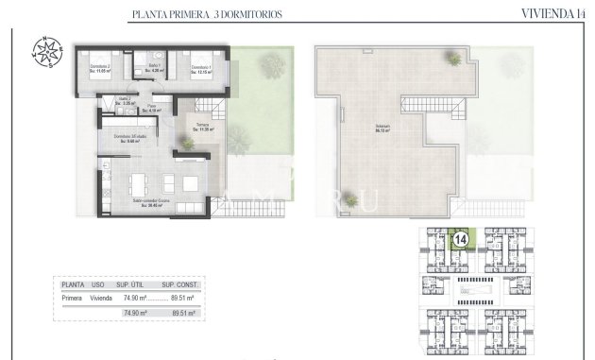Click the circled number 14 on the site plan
pyautogui.click(x=462, y=240)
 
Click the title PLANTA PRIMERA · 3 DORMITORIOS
pyautogui.click(x=206, y=14)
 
